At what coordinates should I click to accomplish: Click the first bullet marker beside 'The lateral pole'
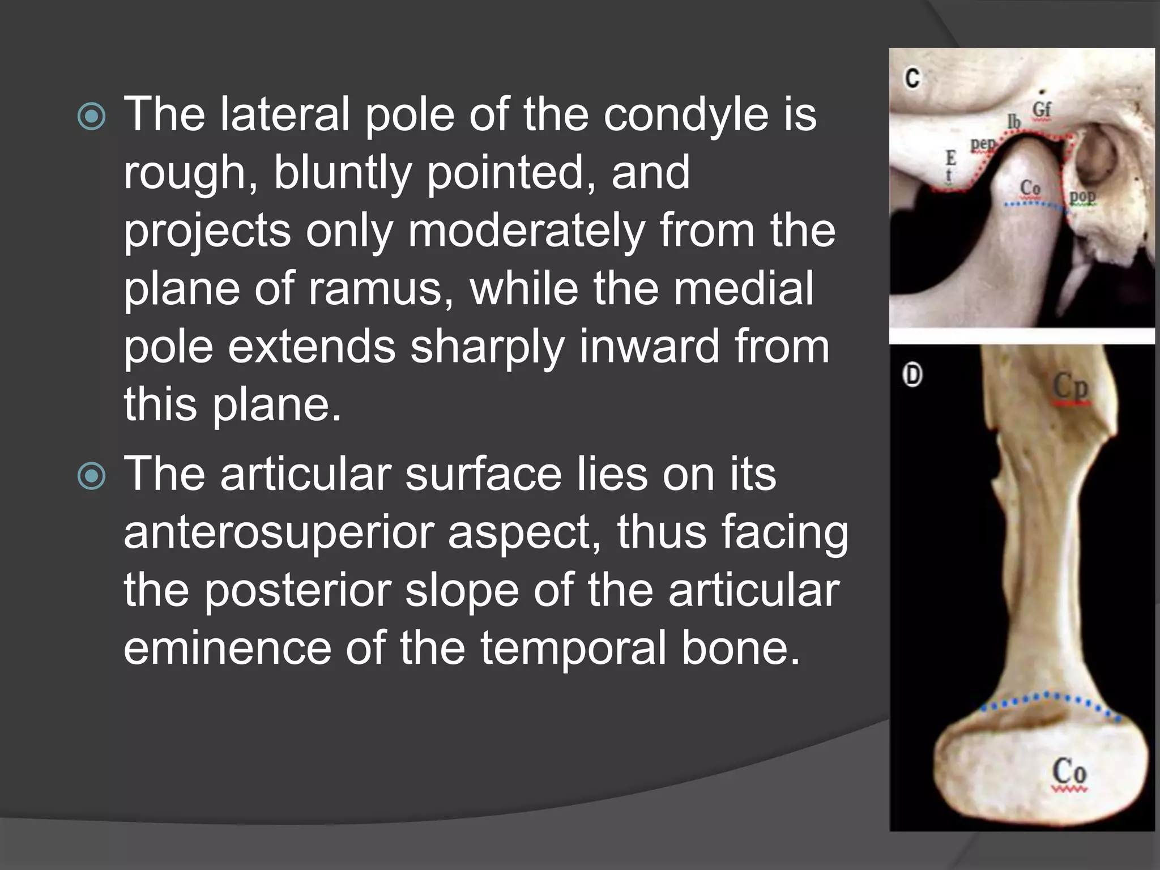click(x=91, y=117)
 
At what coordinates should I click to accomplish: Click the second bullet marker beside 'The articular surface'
click(x=91, y=476)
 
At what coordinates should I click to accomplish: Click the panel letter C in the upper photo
click(x=912, y=78)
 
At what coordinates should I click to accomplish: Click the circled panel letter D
click(x=912, y=375)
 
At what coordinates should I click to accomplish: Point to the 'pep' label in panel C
click(x=983, y=144)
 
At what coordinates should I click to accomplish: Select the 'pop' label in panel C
click(x=1082, y=197)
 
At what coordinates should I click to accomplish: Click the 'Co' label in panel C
click(x=1030, y=187)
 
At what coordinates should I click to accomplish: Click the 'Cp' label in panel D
click(x=1071, y=387)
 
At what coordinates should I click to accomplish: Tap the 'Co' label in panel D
click(x=1069, y=771)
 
